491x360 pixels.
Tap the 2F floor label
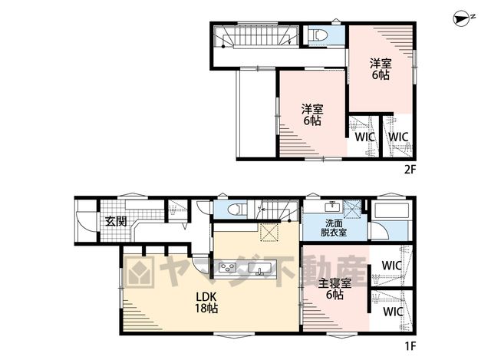[410, 170]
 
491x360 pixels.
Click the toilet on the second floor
[318, 35]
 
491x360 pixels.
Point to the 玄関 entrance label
[116, 221]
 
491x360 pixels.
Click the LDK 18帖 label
[206, 302]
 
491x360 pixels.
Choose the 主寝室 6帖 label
[334, 289]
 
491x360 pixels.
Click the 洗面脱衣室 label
[333, 228]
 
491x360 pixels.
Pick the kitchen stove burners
[228, 268]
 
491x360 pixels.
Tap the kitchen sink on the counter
[260, 269]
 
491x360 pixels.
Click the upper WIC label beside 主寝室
[392, 266]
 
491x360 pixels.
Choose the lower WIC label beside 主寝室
[393, 312]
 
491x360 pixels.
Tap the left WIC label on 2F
[364, 137]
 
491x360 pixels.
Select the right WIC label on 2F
[398, 137]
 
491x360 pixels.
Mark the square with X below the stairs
[269, 232]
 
